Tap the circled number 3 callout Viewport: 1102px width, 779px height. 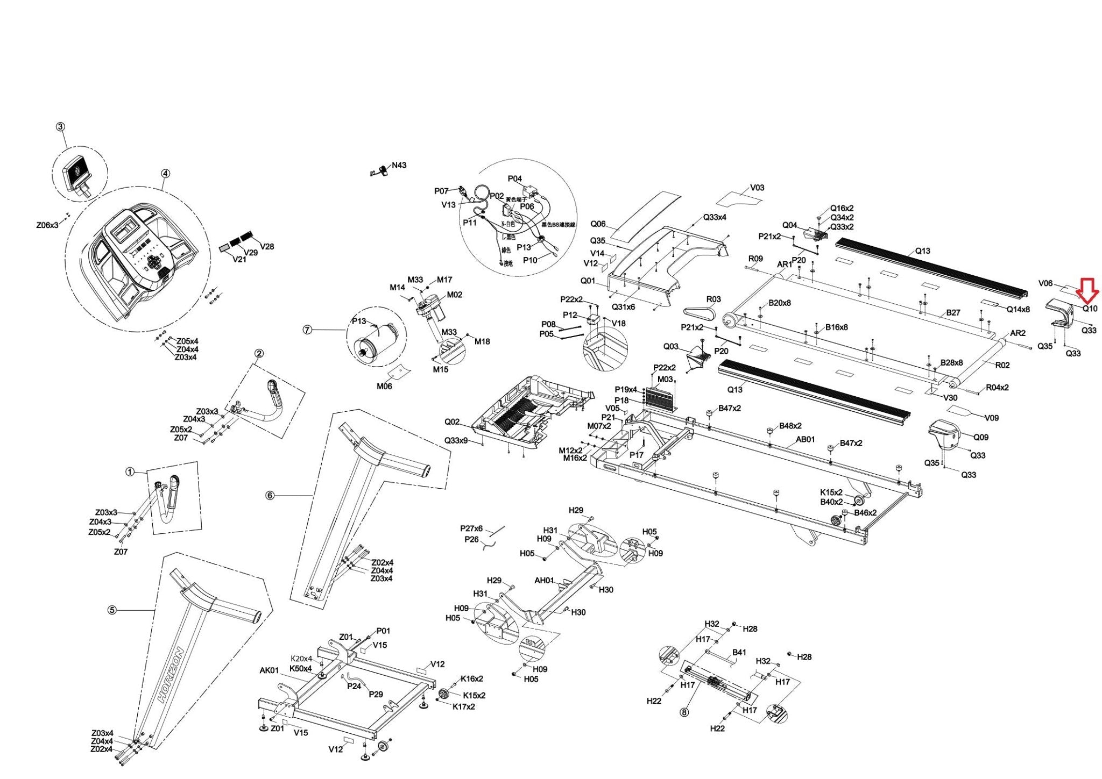[x=60, y=127]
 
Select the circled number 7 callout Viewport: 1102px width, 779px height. [x=307, y=330]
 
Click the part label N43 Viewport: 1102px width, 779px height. [x=399, y=166]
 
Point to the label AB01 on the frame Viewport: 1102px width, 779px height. [x=805, y=439]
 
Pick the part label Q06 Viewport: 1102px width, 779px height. [x=598, y=224]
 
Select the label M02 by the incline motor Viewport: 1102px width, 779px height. [x=455, y=295]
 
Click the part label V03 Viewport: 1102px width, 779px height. [x=757, y=188]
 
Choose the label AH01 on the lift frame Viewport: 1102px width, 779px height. [x=544, y=581]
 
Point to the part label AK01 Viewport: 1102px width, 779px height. [x=269, y=670]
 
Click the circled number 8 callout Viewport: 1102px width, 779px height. [x=684, y=713]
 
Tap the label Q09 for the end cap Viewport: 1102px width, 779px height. [x=981, y=438]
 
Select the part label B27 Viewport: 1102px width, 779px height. [x=953, y=312]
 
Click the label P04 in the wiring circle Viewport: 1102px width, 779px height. [x=514, y=179]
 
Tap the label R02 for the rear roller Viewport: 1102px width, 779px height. [x=1002, y=366]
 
